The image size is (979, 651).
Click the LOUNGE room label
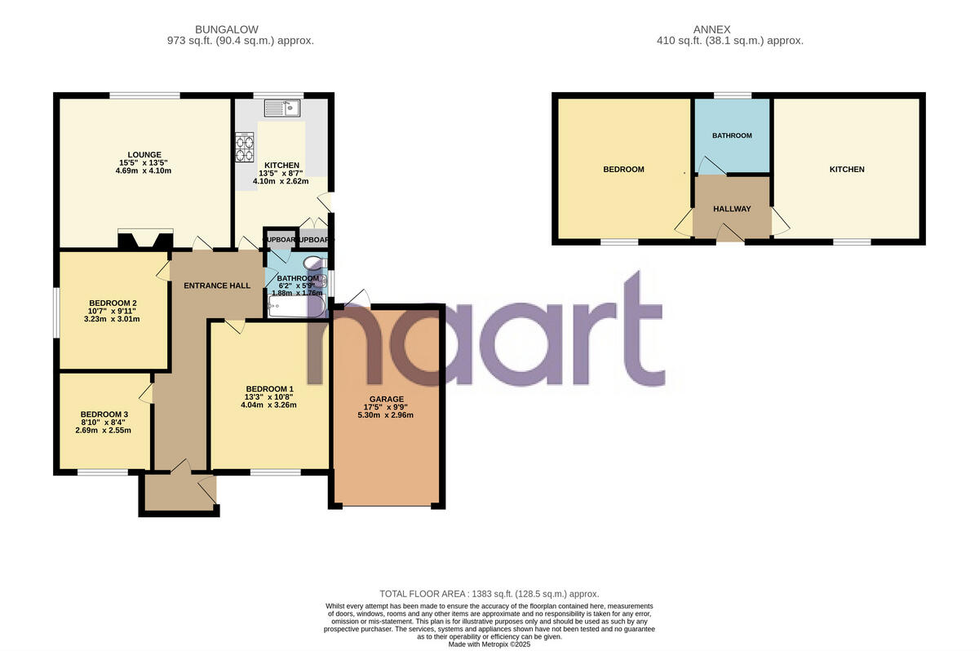pos(144,154)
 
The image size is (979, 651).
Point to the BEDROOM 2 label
pos(113,303)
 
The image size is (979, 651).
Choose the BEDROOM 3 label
pos(104,414)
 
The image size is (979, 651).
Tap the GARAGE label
pos(387,399)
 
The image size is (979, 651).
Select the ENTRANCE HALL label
pos(217,286)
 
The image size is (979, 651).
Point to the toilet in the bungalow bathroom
pos(312,263)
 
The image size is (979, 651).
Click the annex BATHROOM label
pos(732,135)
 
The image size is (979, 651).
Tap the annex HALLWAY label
pos(732,209)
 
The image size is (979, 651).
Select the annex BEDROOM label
pos(623,170)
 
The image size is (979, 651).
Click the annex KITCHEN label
pos(847,170)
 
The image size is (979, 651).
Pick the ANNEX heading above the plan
pos(729,29)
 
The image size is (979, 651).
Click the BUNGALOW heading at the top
pos(240,29)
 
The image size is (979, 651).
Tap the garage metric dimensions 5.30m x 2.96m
pos(387,414)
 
